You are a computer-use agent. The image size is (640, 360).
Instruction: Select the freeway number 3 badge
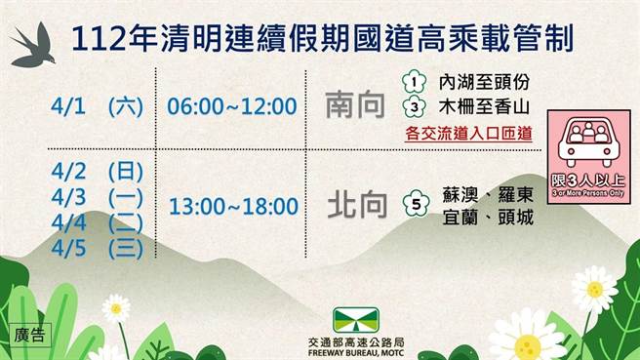[414, 105]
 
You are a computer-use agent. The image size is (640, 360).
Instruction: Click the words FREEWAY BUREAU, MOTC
[355, 353]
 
